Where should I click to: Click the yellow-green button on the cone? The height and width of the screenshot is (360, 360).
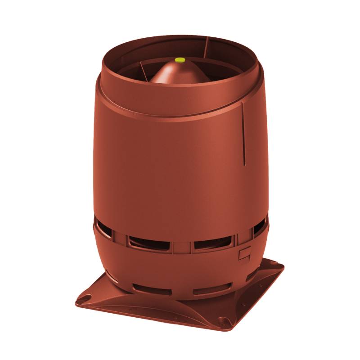click(x=180, y=59)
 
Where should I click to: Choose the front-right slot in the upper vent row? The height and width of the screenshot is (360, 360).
click(x=209, y=245)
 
